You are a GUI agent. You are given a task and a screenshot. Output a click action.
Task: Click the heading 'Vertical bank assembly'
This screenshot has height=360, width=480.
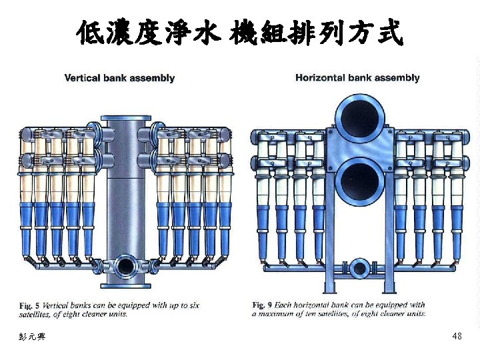(119, 78)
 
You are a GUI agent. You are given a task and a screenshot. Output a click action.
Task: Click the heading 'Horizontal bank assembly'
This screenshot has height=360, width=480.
(357, 78)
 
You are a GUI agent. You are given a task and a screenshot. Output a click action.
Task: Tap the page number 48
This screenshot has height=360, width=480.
(457, 336)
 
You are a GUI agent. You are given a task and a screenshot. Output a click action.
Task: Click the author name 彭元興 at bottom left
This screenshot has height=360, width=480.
(32, 337)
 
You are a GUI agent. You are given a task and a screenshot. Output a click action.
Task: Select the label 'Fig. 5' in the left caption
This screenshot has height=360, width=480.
(29, 305)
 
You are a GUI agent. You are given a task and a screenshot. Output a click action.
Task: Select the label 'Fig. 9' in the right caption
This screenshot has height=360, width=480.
(262, 305)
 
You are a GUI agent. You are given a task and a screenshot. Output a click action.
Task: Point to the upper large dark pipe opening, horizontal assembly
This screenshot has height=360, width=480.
(359, 118)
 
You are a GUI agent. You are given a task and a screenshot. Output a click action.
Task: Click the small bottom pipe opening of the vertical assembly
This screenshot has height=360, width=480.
(125, 266)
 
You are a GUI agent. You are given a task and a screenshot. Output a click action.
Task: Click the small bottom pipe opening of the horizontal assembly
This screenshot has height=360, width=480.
(359, 269)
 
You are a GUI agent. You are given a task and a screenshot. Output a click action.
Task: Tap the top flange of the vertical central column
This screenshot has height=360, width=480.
(126, 118)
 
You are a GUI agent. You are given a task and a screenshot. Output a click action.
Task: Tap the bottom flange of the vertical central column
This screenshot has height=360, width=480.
(126, 286)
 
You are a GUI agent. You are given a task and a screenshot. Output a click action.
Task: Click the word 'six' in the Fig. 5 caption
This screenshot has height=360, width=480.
(193, 305)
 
